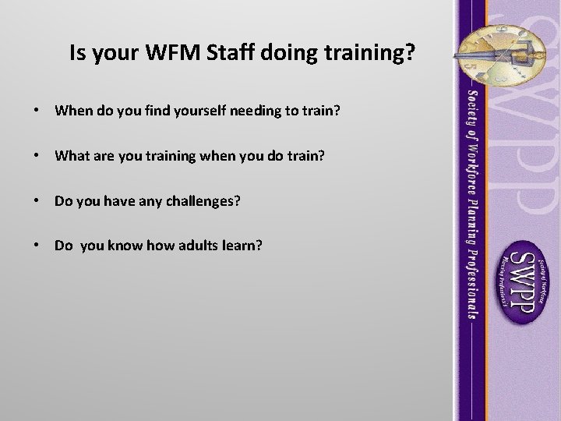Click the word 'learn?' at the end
242,246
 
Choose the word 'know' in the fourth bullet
120,246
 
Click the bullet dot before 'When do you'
37,111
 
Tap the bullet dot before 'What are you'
37,156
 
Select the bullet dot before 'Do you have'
37,201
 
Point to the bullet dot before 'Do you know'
37,246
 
